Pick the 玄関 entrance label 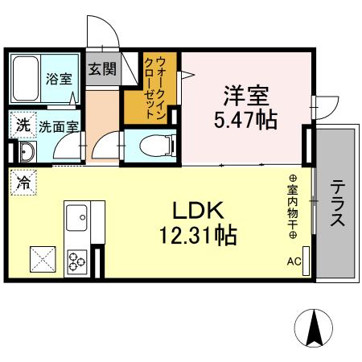pos(102,68)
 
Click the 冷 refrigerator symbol pos(23,182)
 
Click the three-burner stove pos(78,261)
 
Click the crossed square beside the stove pos(41,260)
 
